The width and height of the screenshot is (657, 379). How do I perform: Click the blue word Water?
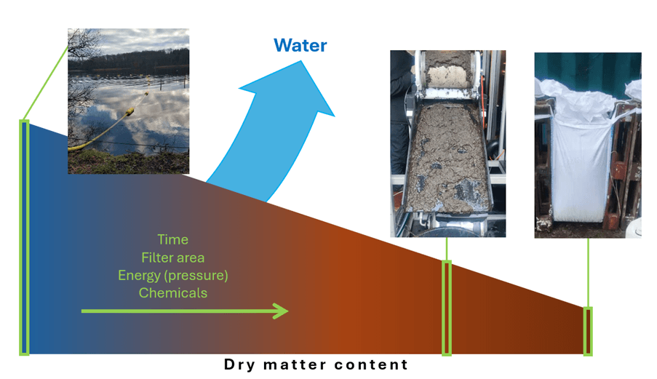(x=300, y=45)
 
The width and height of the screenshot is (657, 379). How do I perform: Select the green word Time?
(x=172, y=239)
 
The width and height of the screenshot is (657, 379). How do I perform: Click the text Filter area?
(x=172, y=258)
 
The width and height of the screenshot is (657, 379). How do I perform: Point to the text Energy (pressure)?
(x=172, y=275)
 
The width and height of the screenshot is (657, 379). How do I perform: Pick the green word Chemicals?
(x=172, y=293)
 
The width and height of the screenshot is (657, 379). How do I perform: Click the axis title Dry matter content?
(x=316, y=364)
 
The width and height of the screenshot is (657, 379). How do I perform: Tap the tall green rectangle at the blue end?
(x=24, y=237)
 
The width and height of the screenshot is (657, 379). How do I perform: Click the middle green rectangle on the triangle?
(x=447, y=307)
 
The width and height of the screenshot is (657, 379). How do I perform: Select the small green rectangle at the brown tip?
(x=588, y=330)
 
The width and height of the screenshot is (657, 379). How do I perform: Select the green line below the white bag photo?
(x=588, y=272)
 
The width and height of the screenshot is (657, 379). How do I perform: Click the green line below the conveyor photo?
(x=447, y=249)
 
